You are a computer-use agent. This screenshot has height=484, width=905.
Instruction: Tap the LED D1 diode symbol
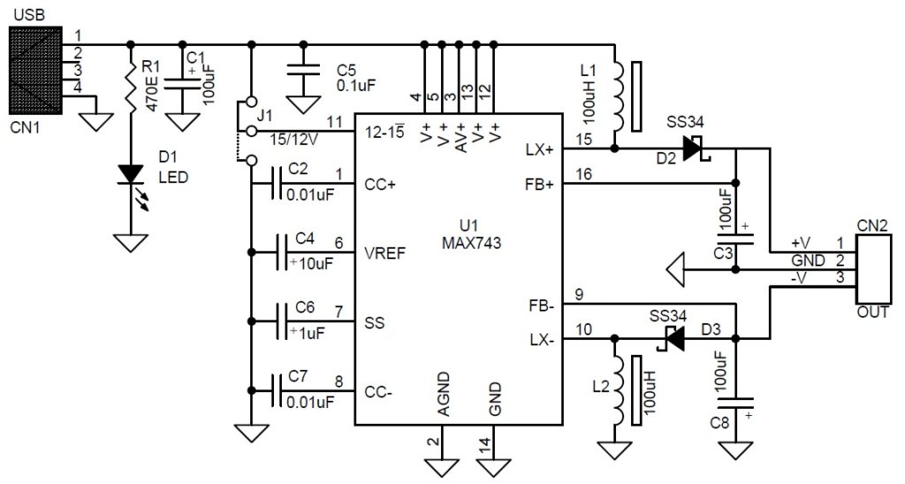click(x=132, y=173)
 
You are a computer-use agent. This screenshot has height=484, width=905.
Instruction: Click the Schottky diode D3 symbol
click(x=673, y=338)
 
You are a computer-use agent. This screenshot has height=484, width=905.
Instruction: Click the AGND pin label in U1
click(x=443, y=398)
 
